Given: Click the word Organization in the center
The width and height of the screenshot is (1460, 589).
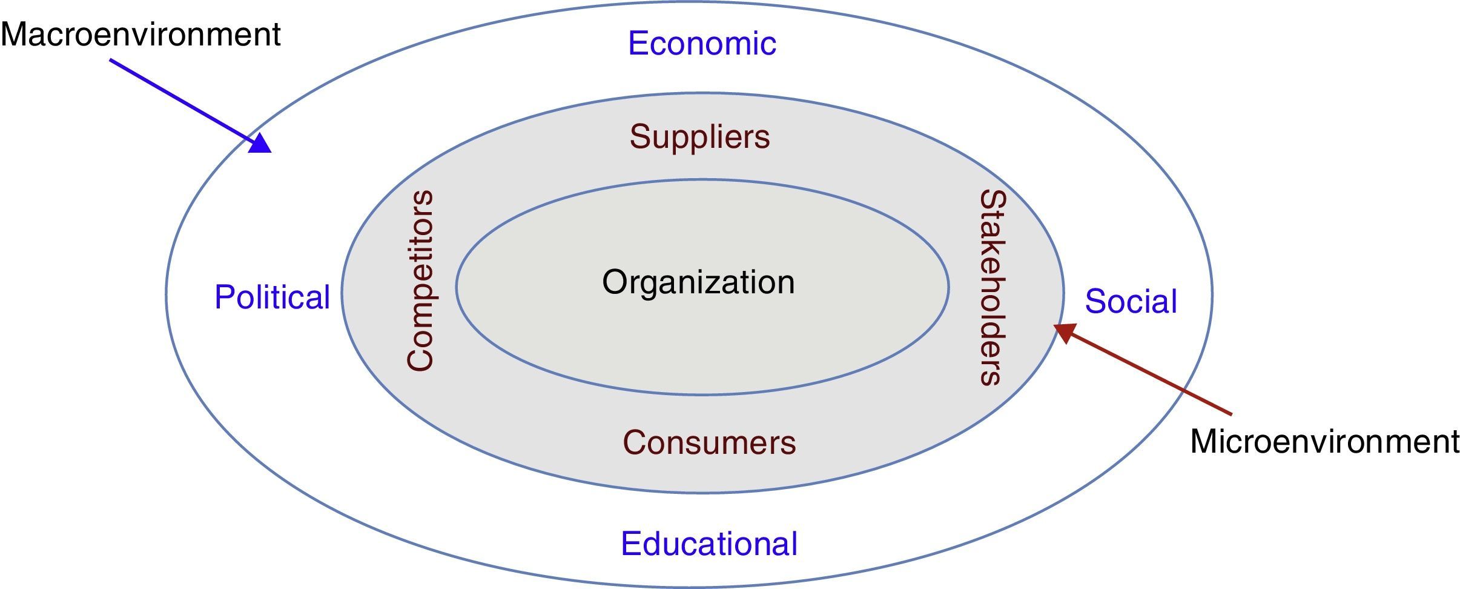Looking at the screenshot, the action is (698, 283).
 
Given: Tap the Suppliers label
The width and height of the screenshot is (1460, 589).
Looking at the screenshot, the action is (699, 137).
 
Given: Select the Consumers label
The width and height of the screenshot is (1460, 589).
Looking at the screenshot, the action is (709, 443).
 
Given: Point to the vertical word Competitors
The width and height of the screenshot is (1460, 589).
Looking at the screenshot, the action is (420, 281).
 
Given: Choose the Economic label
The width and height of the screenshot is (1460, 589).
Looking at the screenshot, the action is (702, 44).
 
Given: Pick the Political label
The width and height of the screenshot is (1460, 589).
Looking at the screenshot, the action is (272, 298).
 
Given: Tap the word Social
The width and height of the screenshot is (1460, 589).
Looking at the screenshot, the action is (1131, 301).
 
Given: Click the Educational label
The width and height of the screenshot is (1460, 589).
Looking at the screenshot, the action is (709, 544).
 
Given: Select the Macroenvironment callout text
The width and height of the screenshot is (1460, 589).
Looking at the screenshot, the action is (140, 35).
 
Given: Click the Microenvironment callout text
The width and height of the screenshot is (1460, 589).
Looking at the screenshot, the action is (1324, 441).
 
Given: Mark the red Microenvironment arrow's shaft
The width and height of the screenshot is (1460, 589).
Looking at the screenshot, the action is (1151, 373).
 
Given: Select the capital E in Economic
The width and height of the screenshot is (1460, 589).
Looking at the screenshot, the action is (637, 44).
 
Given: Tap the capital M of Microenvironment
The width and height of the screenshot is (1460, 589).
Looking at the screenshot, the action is (1203, 441).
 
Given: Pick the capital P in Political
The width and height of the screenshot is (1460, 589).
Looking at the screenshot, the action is (223, 298).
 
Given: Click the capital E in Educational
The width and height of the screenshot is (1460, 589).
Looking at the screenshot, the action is (630, 544).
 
